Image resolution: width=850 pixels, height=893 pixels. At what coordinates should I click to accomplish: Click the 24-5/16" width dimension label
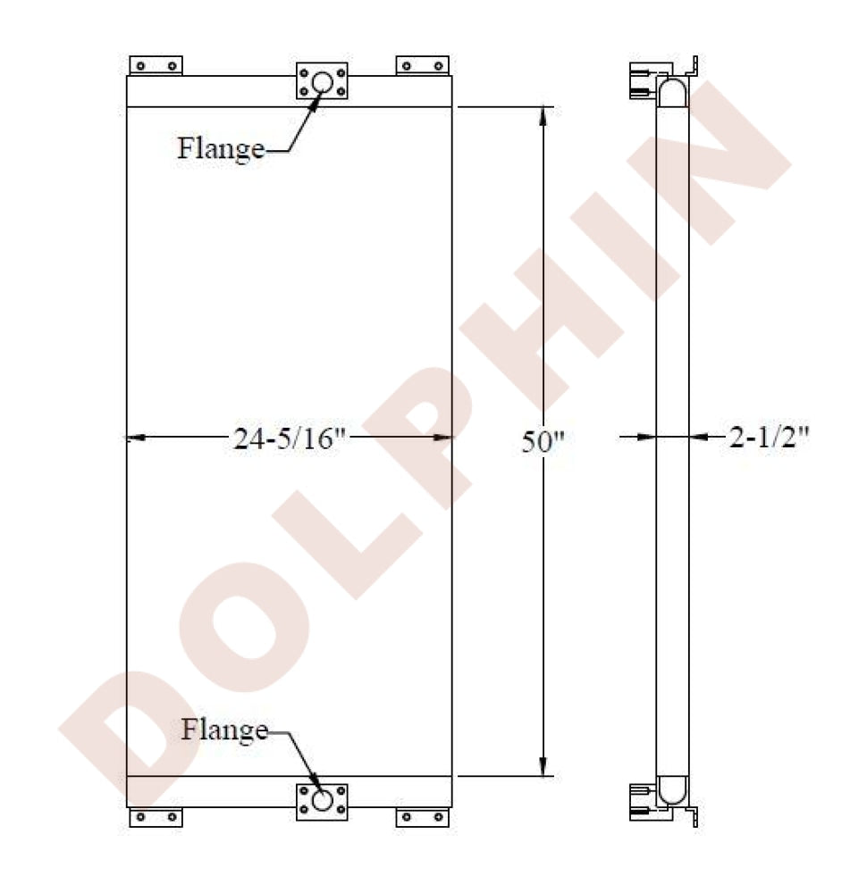(290, 439)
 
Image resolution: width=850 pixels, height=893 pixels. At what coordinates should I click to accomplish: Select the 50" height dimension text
(543, 442)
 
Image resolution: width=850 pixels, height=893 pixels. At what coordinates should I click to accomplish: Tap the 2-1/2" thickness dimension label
(770, 438)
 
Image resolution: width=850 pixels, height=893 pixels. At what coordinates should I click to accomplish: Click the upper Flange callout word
(221, 148)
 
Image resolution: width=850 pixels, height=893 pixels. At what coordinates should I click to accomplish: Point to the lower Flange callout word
(224, 730)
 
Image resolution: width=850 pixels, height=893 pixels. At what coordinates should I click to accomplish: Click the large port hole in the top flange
(322, 82)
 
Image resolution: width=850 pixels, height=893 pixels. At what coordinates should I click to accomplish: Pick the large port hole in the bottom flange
(322, 800)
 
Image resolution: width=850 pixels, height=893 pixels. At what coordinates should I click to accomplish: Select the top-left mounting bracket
(156, 65)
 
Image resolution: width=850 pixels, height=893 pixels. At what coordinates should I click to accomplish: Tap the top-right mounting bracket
(423, 65)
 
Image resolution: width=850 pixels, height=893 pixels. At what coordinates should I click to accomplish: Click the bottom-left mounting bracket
(156, 817)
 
